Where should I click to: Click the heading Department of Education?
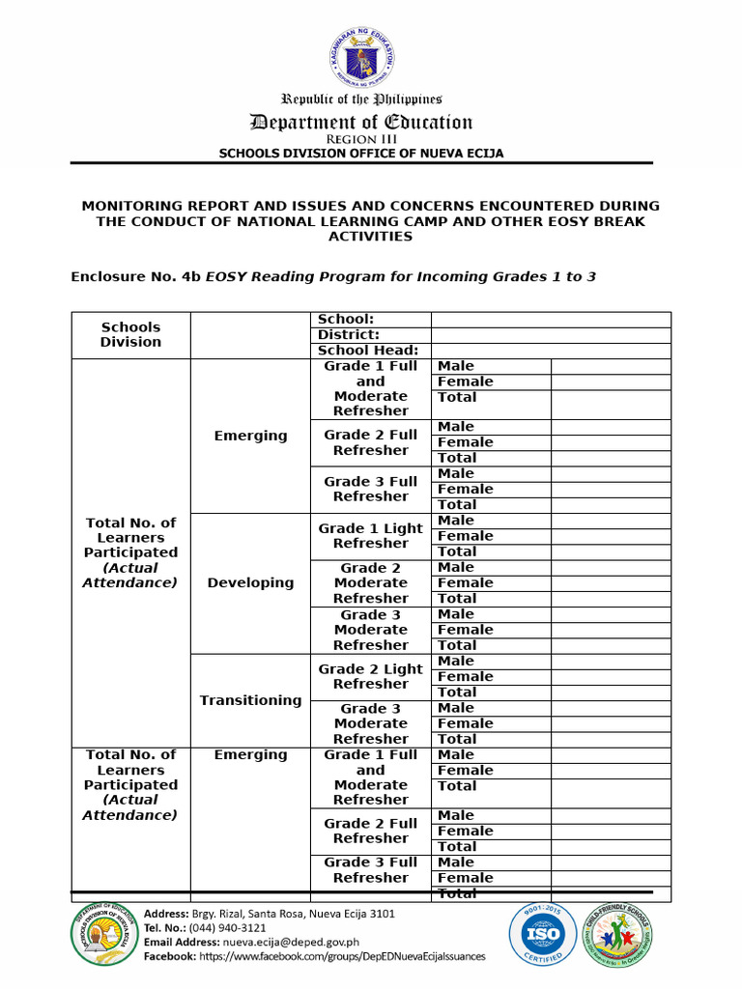[361, 122]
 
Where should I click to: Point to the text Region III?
[361, 139]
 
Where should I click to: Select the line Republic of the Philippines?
[361, 99]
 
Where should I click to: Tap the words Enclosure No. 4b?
[135, 276]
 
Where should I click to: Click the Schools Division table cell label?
[130, 334]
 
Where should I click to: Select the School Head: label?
[368, 351]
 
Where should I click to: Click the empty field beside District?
[550, 335]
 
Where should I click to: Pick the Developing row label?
[250, 582]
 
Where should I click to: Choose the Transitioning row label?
[250, 700]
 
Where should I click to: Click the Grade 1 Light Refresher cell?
[370, 535]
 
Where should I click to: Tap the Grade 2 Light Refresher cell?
[370, 676]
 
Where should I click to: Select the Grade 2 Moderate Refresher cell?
[370, 582]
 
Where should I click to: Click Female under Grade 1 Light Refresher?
[465, 536]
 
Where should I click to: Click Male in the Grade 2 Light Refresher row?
[455, 661]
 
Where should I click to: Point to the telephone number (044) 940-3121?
[206, 927]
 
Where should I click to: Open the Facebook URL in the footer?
[342, 956]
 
